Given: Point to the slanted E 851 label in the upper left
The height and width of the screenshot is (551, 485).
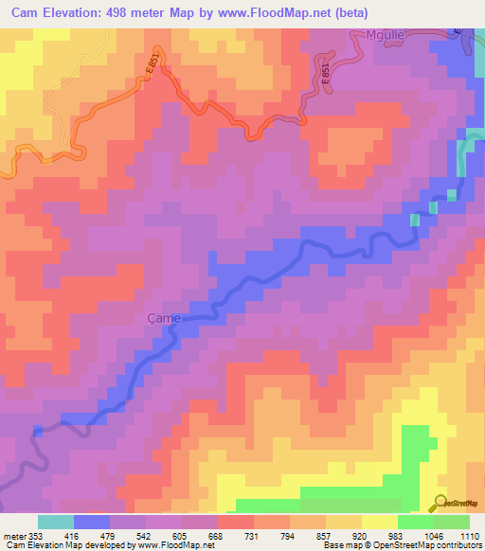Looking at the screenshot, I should pyautogui.click(x=152, y=68).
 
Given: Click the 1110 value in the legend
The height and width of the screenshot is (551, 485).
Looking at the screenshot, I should pyautogui.click(x=470, y=536).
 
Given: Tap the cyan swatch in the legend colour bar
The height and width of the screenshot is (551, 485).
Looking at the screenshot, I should pyautogui.click(x=56, y=522).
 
